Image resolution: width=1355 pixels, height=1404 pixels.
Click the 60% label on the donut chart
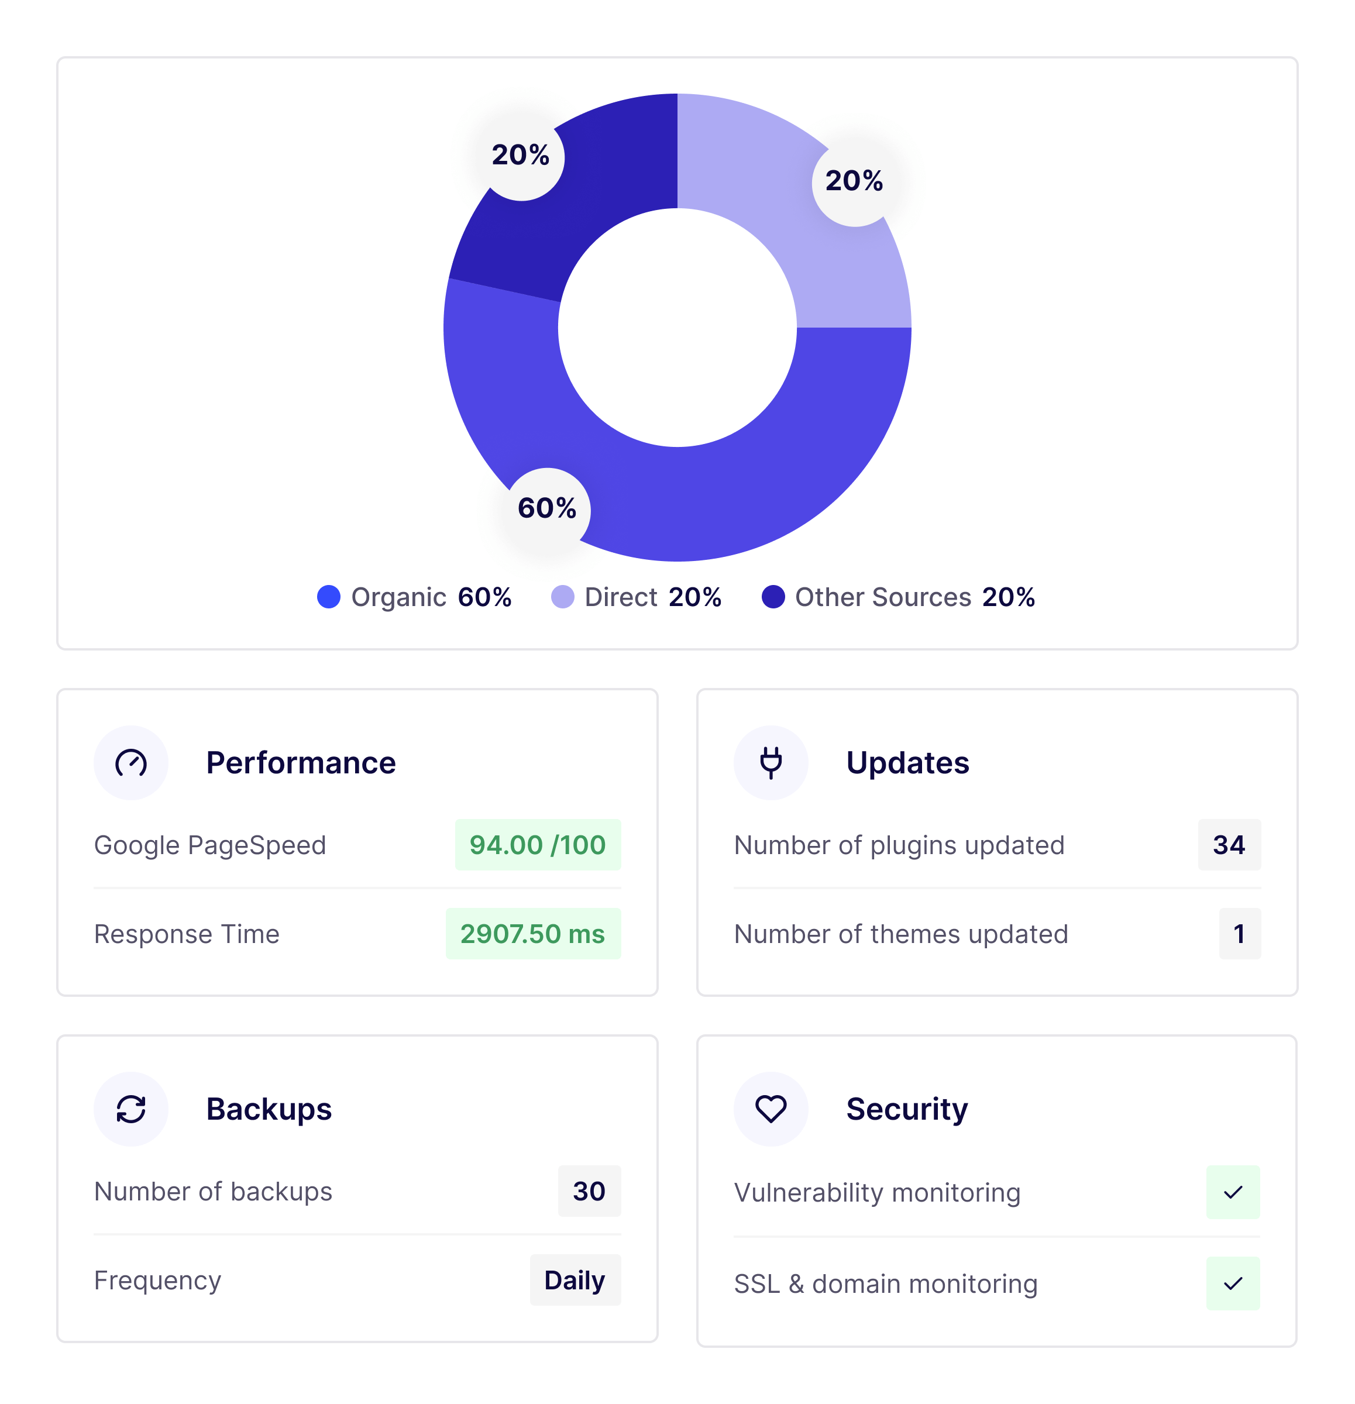[x=548, y=508]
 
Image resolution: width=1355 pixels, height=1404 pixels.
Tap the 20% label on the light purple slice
[x=854, y=181]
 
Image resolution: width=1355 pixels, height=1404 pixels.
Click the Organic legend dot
[x=329, y=597]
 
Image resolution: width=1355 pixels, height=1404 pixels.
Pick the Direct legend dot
[x=562, y=597]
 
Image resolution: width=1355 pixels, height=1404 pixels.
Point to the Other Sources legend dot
[x=773, y=597]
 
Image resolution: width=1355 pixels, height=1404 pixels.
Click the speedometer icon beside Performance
[x=131, y=763]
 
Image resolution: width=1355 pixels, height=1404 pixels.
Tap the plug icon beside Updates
[x=771, y=763]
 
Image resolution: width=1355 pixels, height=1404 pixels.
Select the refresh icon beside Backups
[x=131, y=1109]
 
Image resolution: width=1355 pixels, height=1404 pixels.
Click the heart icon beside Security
[x=771, y=1109]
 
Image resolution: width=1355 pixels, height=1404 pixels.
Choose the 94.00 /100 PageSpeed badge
[x=538, y=845]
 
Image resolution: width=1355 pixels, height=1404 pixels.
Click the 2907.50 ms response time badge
[x=533, y=934]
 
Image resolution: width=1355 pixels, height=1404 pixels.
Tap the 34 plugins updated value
[x=1229, y=845]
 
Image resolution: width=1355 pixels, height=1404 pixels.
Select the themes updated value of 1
[x=1240, y=934]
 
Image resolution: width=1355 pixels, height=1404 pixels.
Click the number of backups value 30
[x=589, y=1191]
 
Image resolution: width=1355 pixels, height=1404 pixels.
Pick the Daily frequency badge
[x=575, y=1280]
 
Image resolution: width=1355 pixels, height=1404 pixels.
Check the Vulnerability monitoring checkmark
[x=1233, y=1193]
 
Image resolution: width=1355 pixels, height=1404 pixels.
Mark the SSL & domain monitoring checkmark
[x=1233, y=1283]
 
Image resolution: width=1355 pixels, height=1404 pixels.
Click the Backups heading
[x=269, y=1109]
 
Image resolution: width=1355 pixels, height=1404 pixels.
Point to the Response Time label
[x=187, y=934]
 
